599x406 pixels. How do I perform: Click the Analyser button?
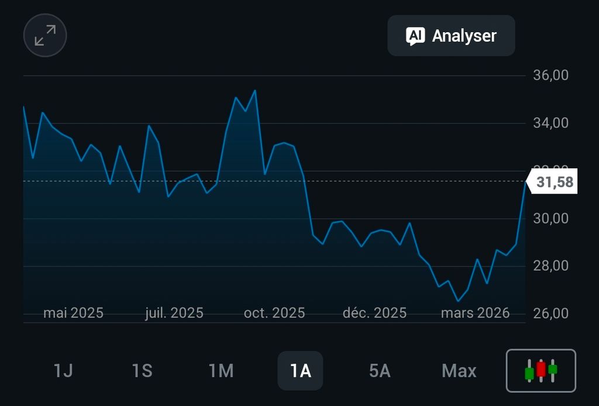tap(451, 36)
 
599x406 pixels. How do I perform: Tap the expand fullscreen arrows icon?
tap(45, 35)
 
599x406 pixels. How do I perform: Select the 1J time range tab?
tap(63, 371)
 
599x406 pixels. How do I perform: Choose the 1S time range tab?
tap(142, 371)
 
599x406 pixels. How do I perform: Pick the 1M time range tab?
tap(221, 371)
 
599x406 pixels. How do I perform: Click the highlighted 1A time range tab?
tap(300, 371)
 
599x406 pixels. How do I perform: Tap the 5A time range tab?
tap(380, 371)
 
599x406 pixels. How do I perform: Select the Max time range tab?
tap(459, 371)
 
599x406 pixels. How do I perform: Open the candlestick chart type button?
tap(541, 370)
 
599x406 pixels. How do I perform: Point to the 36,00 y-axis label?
tap(551, 75)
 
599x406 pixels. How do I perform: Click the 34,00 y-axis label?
tap(551, 123)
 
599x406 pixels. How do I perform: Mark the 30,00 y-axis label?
tap(551, 218)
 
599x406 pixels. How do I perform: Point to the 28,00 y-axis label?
tap(551, 266)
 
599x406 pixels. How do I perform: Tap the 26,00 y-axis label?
tap(551, 313)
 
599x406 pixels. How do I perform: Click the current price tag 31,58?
tap(555, 183)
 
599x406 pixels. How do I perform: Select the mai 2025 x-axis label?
tap(73, 313)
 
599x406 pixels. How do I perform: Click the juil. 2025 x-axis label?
tap(174, 313)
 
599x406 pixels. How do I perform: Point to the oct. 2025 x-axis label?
tap(274, 313)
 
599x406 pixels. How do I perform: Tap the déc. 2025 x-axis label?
tap(374, 313)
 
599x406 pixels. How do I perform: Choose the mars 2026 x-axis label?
tap(475, 313)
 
